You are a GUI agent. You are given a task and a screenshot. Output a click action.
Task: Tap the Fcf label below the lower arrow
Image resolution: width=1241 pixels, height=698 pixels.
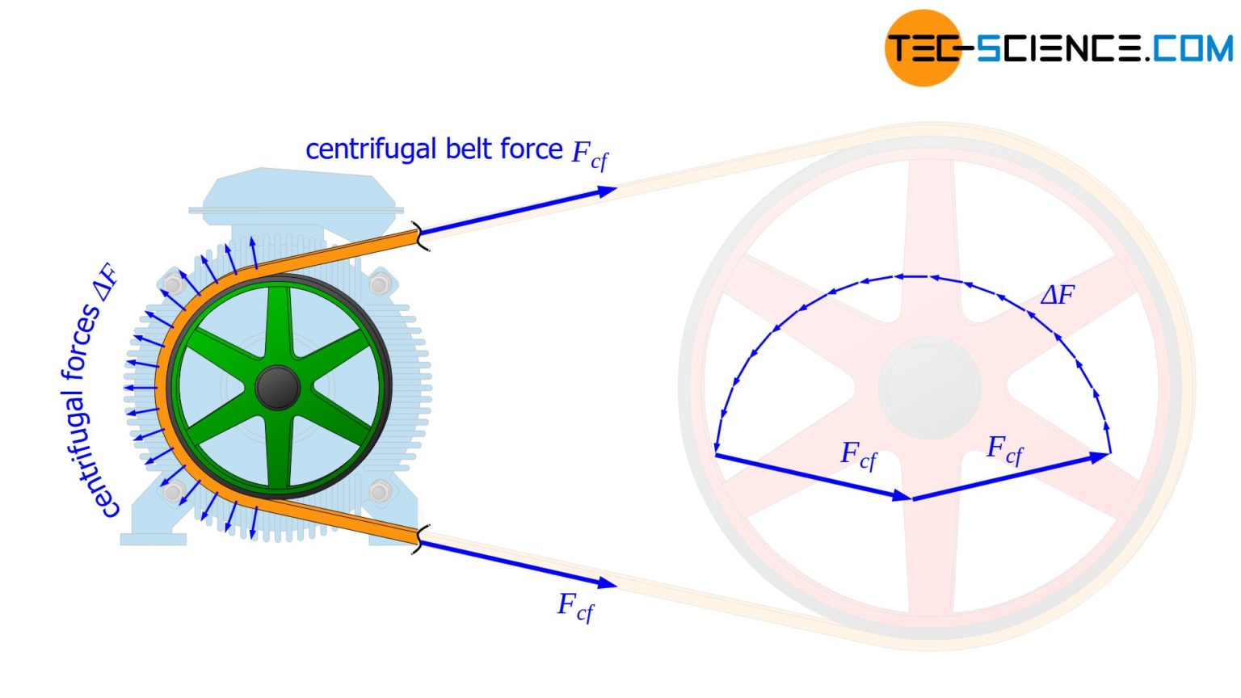575,607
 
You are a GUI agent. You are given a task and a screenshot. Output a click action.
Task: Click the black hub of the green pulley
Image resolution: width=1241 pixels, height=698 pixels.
277,388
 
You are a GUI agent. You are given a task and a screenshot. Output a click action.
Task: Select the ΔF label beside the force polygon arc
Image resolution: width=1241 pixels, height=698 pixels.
1057,295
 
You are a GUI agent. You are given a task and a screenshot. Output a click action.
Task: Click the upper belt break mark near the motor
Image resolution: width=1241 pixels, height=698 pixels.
419,235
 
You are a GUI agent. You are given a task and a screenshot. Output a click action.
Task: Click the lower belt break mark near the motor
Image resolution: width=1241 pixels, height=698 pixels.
418,538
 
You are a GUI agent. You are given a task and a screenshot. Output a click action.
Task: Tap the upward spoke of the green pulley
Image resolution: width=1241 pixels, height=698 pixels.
278,323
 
